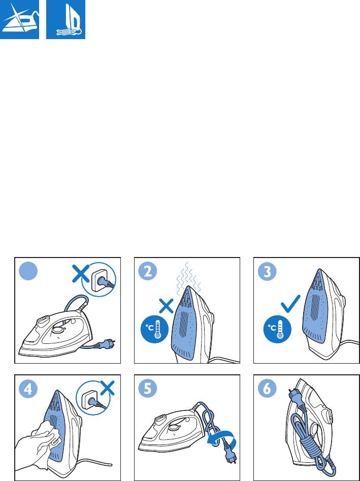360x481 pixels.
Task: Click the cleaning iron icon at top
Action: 19,19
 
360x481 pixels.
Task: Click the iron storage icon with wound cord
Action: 66,19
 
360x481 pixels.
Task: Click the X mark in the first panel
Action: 80,275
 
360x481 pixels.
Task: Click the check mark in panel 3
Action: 290,304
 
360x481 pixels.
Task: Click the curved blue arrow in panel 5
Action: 222,439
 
